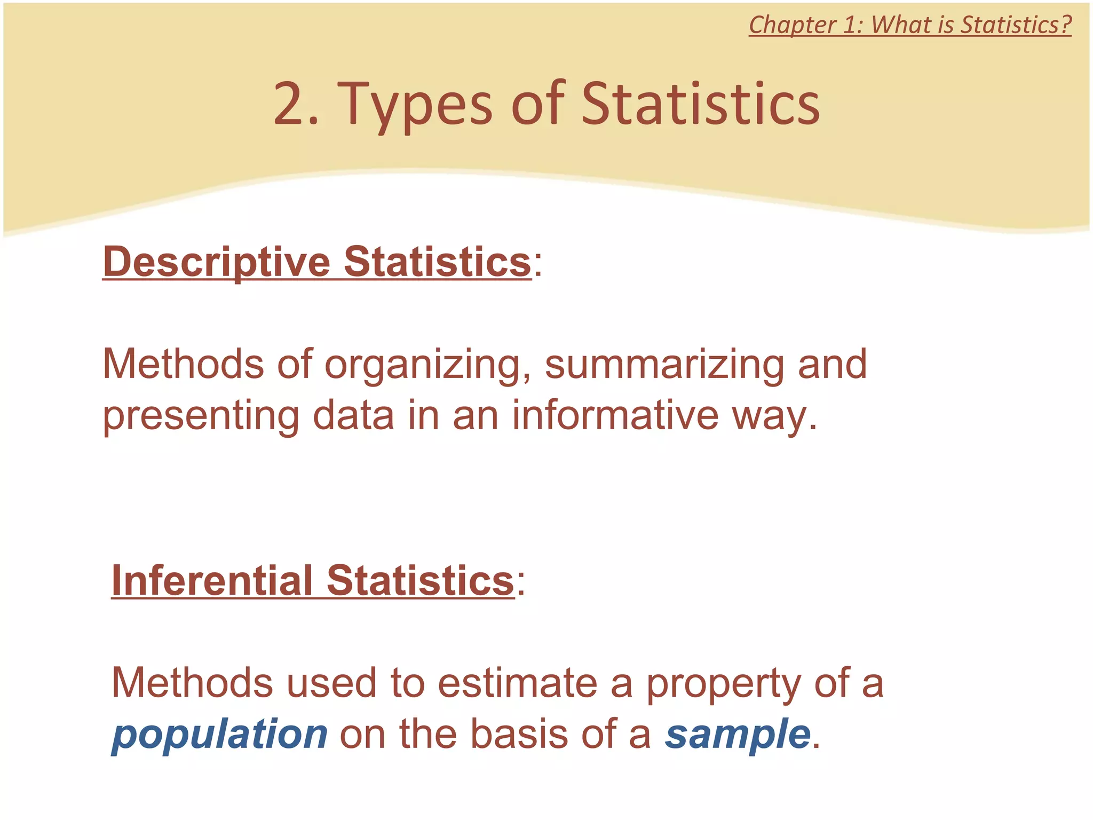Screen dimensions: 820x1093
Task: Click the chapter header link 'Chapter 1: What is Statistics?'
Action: tap(910, 25)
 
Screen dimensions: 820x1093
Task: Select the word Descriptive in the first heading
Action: tap(217, 262)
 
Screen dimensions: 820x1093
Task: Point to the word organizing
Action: tap(422, 365)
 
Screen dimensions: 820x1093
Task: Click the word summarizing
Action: tap(664, 365)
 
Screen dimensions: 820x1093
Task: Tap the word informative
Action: tap(615, 415)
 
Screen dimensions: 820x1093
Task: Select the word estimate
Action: tap(517, 683)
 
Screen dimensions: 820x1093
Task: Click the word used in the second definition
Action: tap(331, 683)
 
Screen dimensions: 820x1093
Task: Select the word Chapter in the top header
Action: tap(792, 25)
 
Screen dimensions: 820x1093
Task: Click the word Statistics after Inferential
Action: tap(420, 581)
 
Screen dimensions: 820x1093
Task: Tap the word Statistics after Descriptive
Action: tap(437, 262)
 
